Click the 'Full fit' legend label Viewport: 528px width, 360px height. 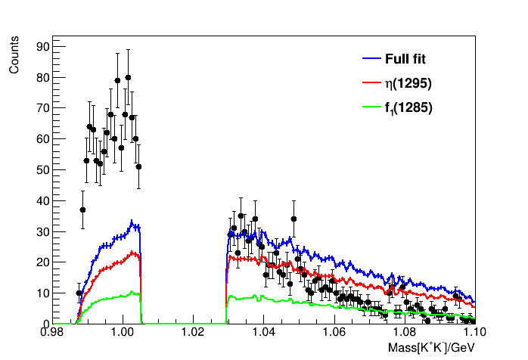[x=408, y=59]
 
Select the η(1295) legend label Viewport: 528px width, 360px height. [x=408, y=83]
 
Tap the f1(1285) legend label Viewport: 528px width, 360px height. [x=408, y=108]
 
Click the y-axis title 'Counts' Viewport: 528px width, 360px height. [x=14, y=58]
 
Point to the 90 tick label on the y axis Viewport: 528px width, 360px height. [x=42, y=46]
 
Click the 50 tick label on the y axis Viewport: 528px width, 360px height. [x=42, y=169]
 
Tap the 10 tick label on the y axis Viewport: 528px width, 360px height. [x=42, y=293]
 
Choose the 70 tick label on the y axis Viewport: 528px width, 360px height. [x=42, y=108]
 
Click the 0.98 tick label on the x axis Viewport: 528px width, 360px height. [x=52, y=332]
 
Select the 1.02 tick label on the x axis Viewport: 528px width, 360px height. [x=193, y=332]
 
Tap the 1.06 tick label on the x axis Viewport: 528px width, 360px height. [x=334, y=332]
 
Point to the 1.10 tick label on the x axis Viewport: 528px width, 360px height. [x=474, y=332]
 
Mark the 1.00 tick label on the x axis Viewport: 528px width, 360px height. [x=123, y=332]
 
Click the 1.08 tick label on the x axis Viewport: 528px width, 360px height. [x=404, y=332]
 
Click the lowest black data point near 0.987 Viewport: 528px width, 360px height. [x=79, y=293]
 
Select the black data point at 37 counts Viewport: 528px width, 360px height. [x=82, y=209]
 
